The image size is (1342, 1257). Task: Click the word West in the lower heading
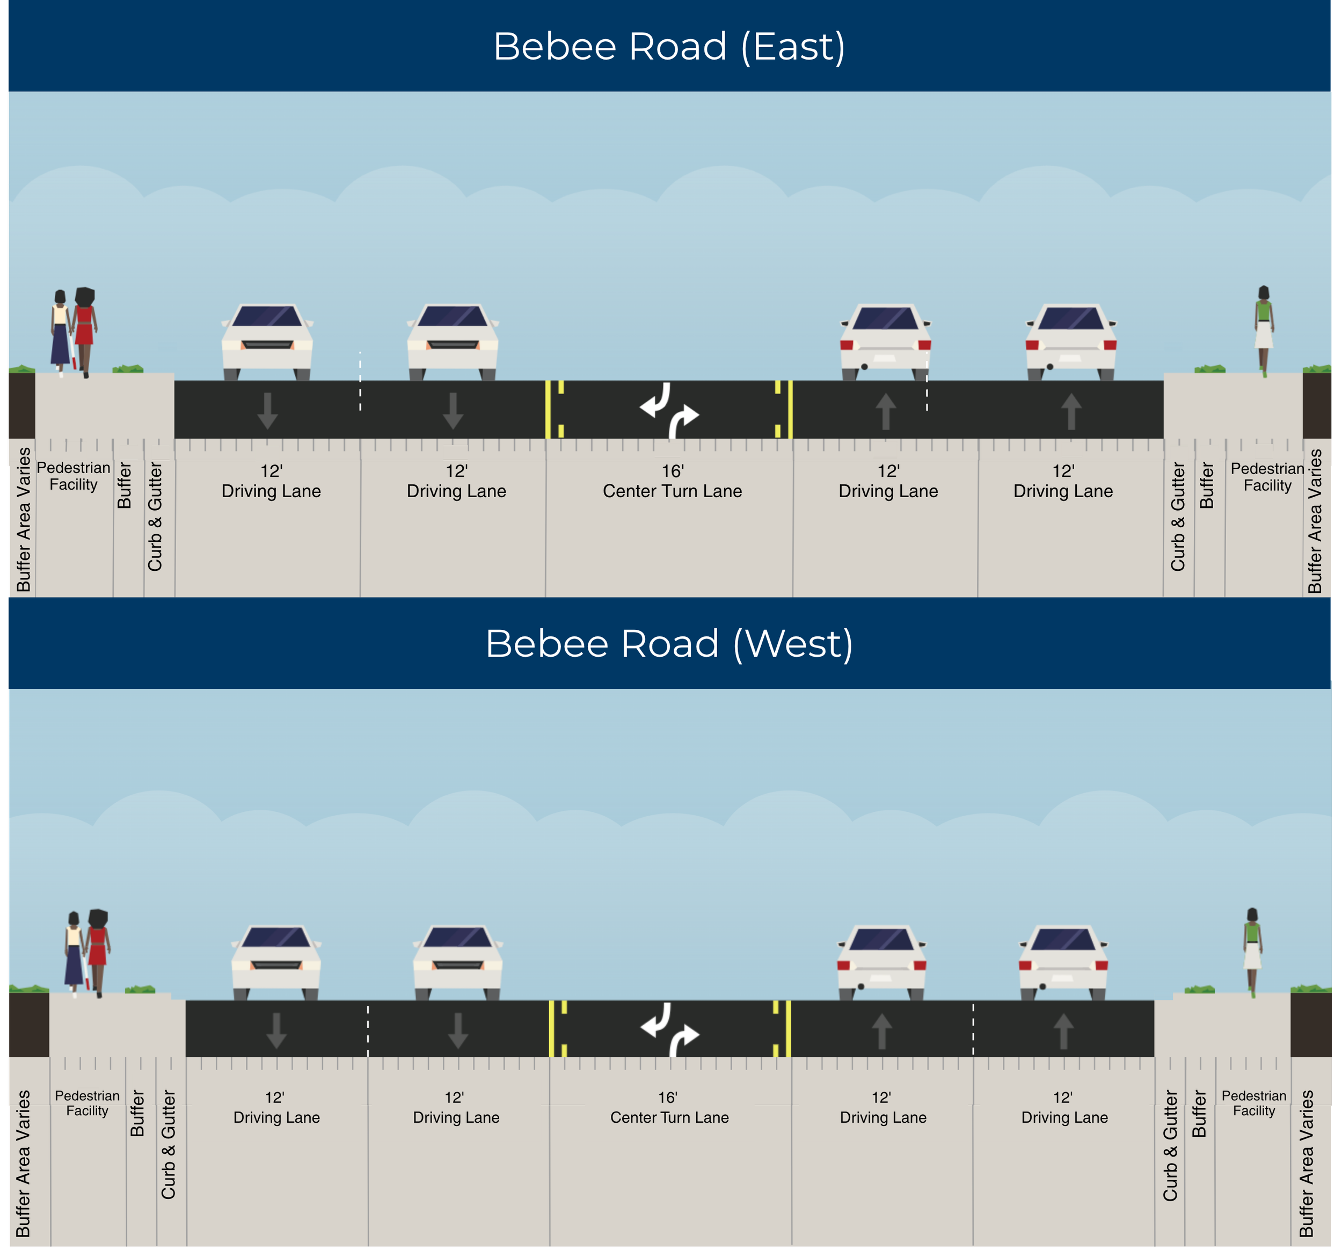[793, 643]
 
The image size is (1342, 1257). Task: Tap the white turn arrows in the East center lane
[669, 410]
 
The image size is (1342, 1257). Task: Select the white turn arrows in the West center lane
[669, 1029]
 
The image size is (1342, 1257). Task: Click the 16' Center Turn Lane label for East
[673, 481]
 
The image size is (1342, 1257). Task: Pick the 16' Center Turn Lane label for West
[669, 1108]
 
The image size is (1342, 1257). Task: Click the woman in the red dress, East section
[84, 332]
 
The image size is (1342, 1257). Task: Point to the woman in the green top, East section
[1264, 330]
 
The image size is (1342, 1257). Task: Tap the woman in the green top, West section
[1253, 952]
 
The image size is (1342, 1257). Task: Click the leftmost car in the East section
[267, 342]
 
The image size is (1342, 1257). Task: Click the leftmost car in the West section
[276, 963]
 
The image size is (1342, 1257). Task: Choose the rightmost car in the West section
[1063, 963]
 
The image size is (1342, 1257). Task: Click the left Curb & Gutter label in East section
[155, 517]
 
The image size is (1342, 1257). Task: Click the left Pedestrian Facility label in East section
[74, 476]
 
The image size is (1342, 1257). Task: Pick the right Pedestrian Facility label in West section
[1253, 1103]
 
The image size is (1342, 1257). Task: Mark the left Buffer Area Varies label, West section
[23, 1163]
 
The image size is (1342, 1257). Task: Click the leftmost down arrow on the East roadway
[267, 410]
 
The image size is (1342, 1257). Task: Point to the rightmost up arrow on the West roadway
[1063, 1031]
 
